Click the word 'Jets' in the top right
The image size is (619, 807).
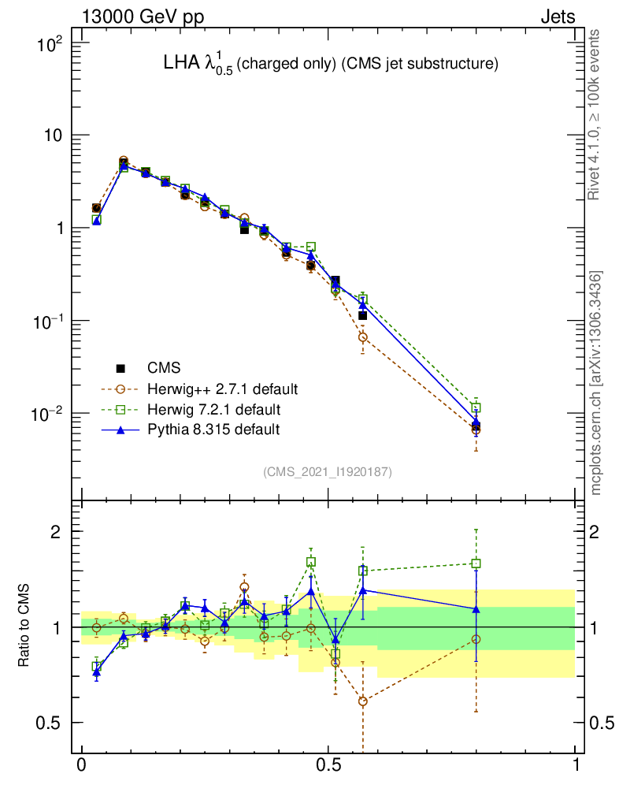557,17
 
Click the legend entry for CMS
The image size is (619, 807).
163,368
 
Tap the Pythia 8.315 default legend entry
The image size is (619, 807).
213,430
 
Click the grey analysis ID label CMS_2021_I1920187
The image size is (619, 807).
328,472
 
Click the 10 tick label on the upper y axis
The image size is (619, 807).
51,136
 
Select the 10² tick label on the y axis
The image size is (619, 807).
50,44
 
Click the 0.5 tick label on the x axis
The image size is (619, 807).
328,765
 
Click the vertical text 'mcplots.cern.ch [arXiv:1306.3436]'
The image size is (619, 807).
597,383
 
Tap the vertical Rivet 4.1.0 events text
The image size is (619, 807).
597,114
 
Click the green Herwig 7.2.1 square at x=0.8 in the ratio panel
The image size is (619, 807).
476,563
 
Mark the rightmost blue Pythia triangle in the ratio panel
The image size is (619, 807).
476,609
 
